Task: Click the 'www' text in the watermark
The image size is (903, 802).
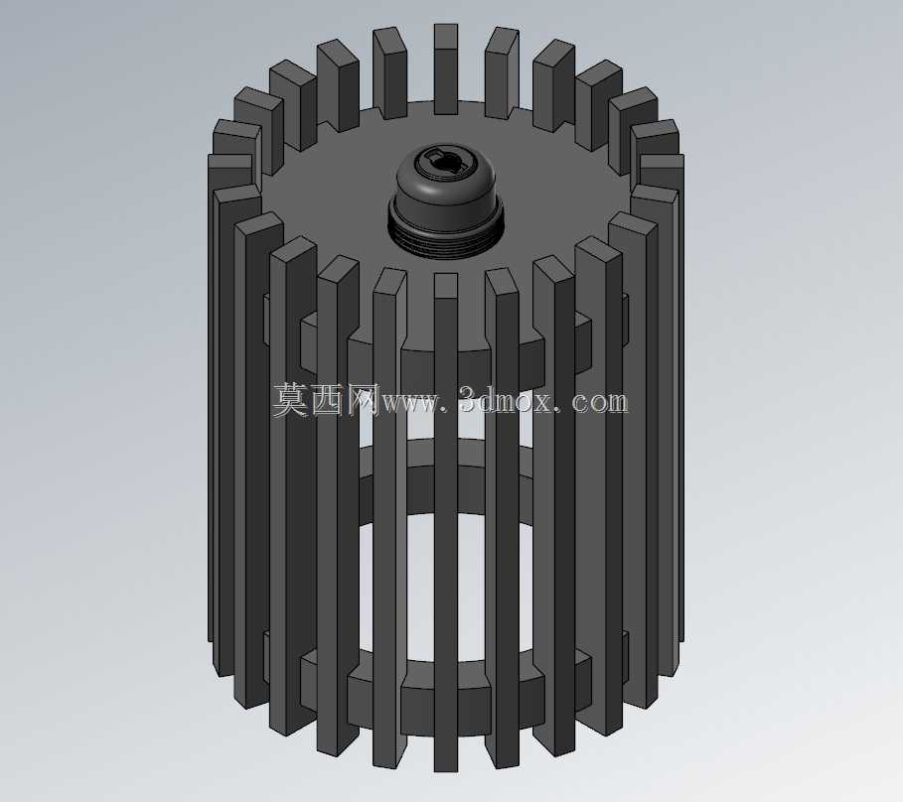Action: point(409,403)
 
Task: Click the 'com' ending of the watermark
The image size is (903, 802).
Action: point(600,403)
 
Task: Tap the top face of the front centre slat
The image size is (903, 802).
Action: point(446,285)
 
